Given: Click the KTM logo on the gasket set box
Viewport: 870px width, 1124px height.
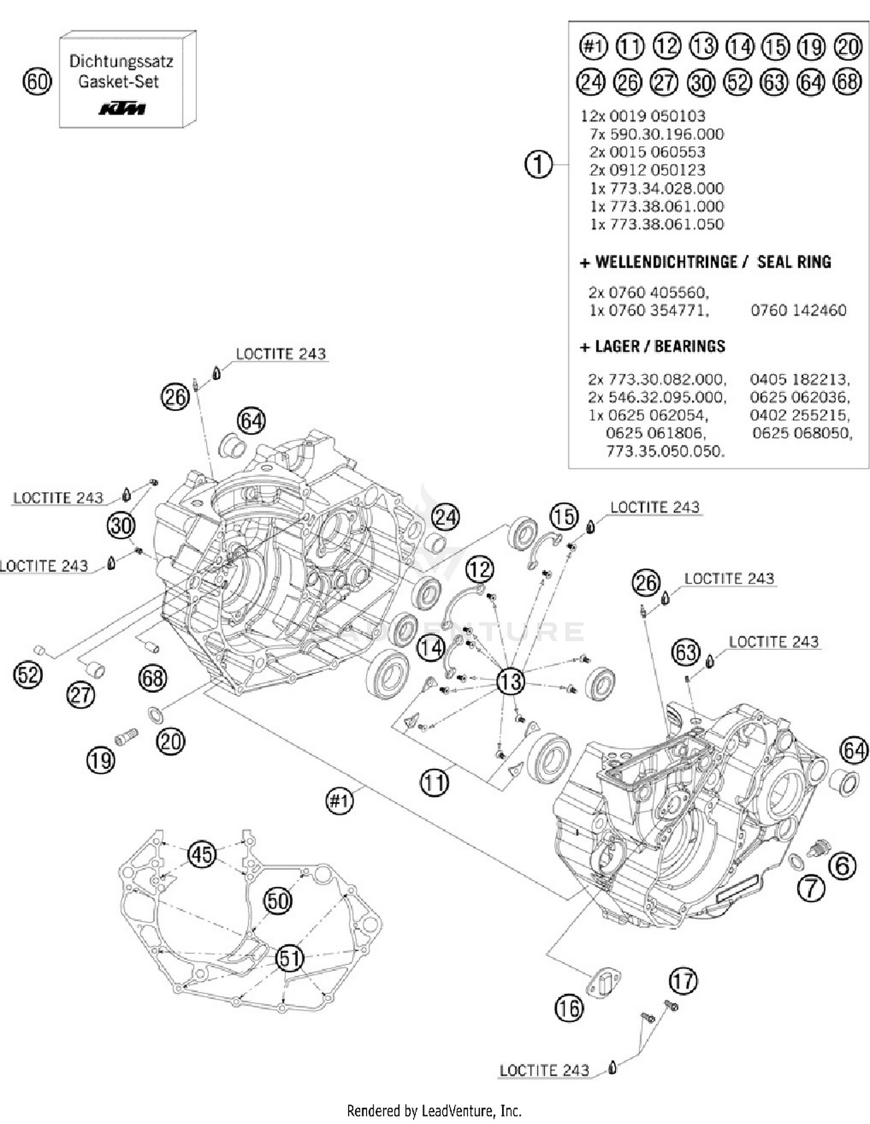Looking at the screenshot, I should click(x=122, y=109).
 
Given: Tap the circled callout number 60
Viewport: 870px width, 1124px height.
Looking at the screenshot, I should click(x=37, y=82).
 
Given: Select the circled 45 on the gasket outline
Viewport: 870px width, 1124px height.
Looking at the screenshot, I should click(x=202, y=854).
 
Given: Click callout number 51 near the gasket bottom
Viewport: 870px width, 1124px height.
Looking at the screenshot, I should click(x=289, y=958).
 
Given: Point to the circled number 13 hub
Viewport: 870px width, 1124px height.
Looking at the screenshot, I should click(x=510, y=681).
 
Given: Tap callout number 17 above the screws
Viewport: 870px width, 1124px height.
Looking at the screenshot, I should click(x=683, y=981).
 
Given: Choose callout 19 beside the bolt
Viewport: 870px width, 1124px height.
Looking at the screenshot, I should click(x=101, y=760).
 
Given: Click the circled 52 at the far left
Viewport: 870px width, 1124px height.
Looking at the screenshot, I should click(x=28, y=675).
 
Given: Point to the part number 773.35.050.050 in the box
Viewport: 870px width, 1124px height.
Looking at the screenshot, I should click(x=665, y=451).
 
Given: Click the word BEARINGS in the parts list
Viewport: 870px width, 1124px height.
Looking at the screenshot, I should click(x=690, y=346).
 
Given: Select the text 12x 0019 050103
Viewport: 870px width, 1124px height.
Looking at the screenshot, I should click(x=643, y=115).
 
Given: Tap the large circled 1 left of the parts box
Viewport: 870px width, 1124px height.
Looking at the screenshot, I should click(x=538, y=165).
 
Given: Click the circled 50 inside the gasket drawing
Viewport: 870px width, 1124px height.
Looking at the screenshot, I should click(x=278, y=901).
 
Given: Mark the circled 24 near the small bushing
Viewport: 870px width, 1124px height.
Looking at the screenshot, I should click(x=445, y=516).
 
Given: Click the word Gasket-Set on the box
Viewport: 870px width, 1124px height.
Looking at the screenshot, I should click(x=118, y=82).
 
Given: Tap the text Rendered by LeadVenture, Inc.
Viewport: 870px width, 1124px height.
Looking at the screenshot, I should click(x=434, y=1111).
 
